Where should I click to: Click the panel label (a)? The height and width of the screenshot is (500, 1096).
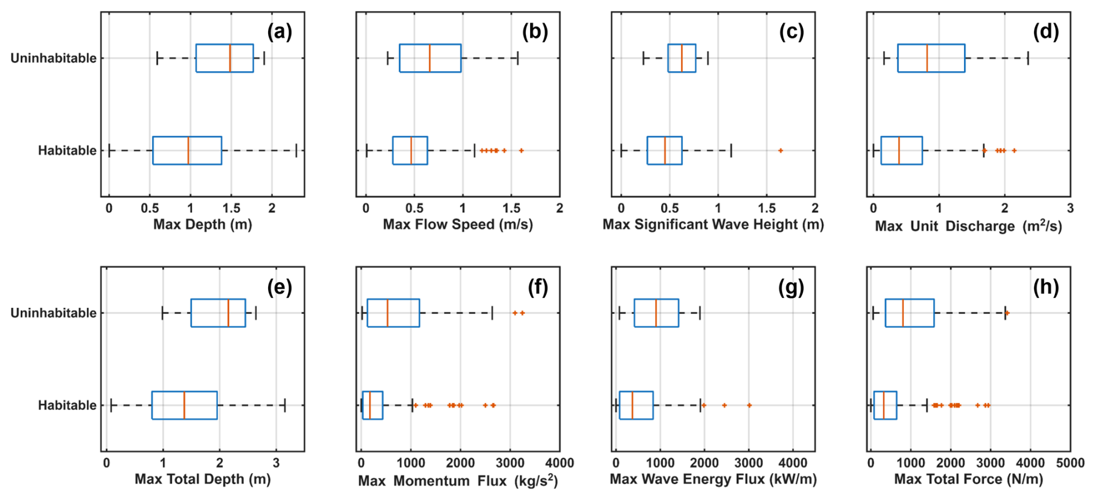pos(279,32)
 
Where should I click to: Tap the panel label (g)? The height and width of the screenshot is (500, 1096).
pos(791,287)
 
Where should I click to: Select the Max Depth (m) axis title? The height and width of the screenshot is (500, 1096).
pos(202,224)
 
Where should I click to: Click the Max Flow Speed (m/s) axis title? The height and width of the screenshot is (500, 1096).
pos(458,224)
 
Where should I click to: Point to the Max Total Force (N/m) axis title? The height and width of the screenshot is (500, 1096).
pos(968,479)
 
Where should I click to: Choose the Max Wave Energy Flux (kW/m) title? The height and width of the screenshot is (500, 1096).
pos(713,479)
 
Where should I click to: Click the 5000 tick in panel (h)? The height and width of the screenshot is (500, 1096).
pos(1070,463)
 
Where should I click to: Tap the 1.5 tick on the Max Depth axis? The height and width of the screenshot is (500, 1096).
pos(231,208)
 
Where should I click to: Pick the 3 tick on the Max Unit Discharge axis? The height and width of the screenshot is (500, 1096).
pos(1070,208)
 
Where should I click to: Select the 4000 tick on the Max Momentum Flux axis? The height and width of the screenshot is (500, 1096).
pos(560,463)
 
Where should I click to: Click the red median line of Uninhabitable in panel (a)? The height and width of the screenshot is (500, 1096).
pos(230,58)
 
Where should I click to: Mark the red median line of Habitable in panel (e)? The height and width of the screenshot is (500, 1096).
pos(184,405)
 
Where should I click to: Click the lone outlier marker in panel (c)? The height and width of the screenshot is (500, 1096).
pos(780,151)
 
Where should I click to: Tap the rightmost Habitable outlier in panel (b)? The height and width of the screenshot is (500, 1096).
pos(521,151)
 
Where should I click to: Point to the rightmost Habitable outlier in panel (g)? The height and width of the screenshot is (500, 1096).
pos(749,406)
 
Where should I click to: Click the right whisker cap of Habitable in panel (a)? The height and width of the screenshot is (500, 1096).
pos(296,151)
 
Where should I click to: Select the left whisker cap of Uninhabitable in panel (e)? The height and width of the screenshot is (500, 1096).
pos(162,313)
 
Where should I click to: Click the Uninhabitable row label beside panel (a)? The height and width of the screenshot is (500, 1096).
pos(53,58)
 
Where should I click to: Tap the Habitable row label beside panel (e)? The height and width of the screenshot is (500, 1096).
pos(67,405)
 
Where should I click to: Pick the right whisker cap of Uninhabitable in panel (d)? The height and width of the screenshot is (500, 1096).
pos(1028,58)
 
